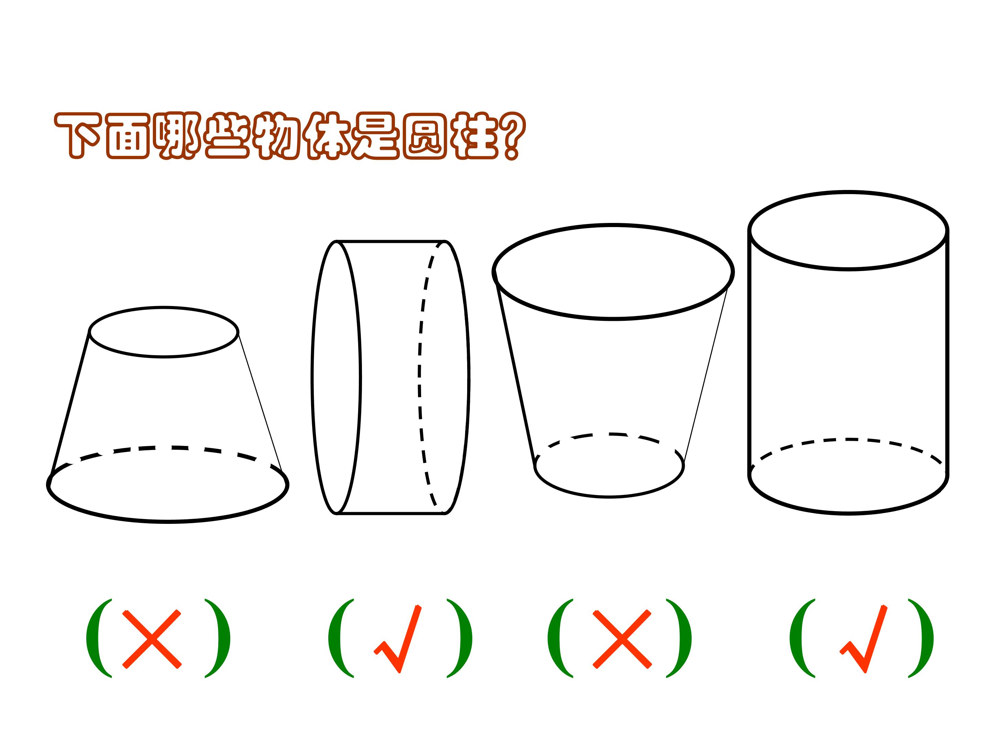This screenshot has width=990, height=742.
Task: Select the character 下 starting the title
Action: click(x=77, y=135)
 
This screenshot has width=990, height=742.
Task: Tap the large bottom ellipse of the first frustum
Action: click(x=168, y=521)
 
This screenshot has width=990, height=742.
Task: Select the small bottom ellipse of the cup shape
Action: click(x=609, y=496)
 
